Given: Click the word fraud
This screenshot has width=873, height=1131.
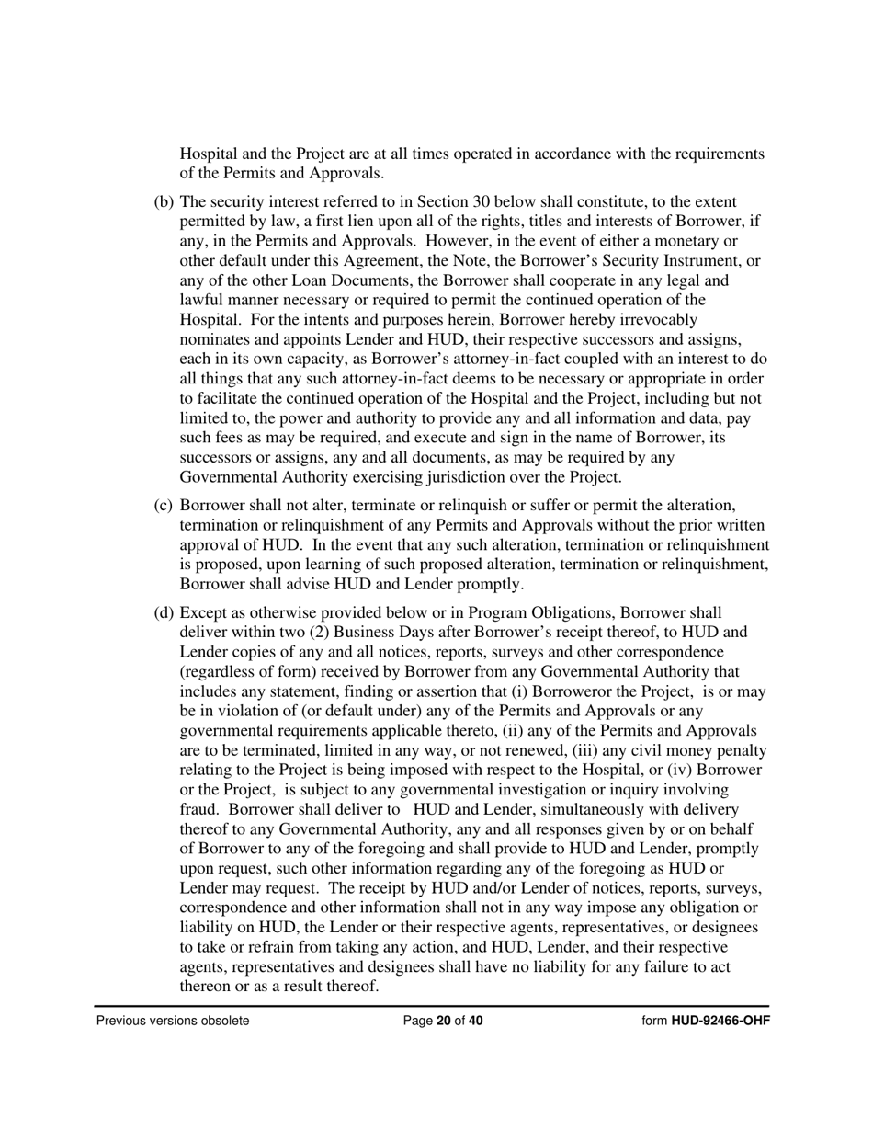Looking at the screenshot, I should click(x=199, y=810).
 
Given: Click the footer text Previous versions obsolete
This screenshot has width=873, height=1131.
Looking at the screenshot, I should click(x=173, y=1021).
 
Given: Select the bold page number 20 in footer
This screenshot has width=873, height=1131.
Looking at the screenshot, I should click(x=443, y=1021).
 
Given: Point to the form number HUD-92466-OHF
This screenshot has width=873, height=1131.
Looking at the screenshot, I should click(x=720, y=1021).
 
